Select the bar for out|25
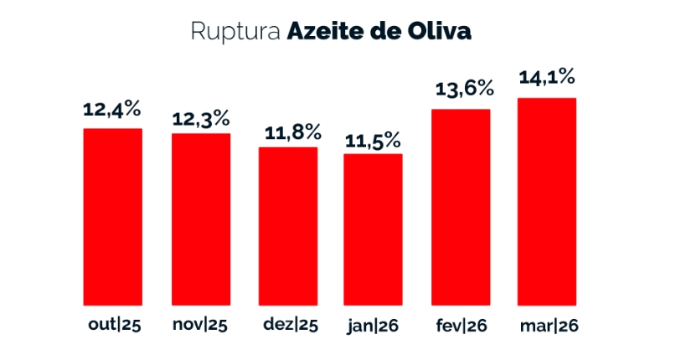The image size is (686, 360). pyautogui.click(x=112, y=217)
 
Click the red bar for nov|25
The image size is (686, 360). pyautogui.click(x=200, y=219)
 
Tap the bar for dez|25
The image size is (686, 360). pyautogui.click(x=287, y=226)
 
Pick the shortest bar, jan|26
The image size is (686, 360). pyautogui.click(x=374, y=229)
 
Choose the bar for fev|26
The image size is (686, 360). pyautogui.click(x=461, y=207)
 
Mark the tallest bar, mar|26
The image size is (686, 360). pyautogui.click(x=547, y=202)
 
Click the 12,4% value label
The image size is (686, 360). pyautogui.click(x=111, y=109)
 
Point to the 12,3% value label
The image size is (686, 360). pyautogui.click(x=200, y=120)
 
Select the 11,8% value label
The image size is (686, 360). pyautogui.click(x=287, y=131)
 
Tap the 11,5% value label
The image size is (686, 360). pyautogui.click(x=374, y=139)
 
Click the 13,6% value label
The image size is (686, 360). pyautogui.click(x=461, y=89)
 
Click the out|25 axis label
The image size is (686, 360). pyautogui.click(x=113, y=325)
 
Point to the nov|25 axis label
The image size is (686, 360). pyautogui.click(x=200, y=325)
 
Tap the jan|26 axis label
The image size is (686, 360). pyautogui.click(x=373, y=326)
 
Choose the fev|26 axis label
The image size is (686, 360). pyautogui.click(x=461, y=325)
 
